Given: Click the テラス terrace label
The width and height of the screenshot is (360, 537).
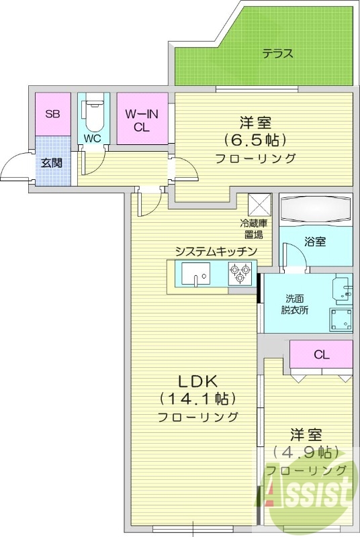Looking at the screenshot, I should coord(277,54).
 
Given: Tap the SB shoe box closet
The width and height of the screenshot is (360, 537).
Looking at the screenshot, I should coord(52,115).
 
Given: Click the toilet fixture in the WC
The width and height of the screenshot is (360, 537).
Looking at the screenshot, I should coord(93,114).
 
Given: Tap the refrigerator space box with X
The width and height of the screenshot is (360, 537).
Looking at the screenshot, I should coord(259,203).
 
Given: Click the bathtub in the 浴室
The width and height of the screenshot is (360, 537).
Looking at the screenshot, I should coord(315,211).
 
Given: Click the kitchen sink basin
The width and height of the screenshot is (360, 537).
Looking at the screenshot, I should coord(195,274).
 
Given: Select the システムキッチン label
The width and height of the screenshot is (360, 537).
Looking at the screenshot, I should coord(216,251).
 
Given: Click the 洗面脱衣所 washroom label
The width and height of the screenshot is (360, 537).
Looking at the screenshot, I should coord(295,304).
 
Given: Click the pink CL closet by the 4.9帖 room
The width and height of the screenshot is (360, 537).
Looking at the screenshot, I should coord(321,354).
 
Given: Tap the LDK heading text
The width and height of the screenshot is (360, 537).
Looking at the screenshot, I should coord(197,381).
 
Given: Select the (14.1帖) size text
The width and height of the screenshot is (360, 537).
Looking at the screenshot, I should coord(197,399).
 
